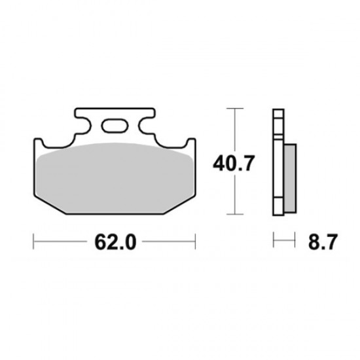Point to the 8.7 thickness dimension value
pyautogui.click(x=322, y=243)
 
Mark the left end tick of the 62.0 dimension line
pyautogui.click(x=33, y=243)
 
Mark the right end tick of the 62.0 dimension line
pyautogui.click(x=194, y=243)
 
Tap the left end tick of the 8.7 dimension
pyautogui.click(x=274, y=243)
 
